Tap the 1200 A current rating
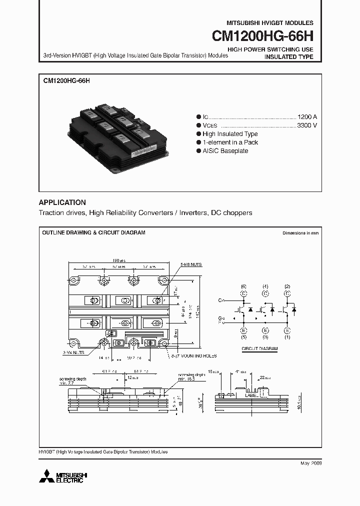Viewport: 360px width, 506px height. [x=307, y=116]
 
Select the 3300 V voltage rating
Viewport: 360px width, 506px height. [x=307, y=125]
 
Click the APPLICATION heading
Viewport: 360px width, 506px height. [x=62, y=202]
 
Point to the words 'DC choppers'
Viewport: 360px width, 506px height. [x=231, y=213]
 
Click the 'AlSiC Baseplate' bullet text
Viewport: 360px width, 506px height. [x=225, y=151]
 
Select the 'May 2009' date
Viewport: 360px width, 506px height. [x=311, y=463]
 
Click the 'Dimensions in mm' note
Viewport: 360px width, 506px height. [x=300, y=233]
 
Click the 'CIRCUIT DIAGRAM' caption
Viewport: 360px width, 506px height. [x=259, y=348]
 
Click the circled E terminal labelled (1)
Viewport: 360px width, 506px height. [x=287, y=330]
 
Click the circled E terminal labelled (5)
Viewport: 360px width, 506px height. [x=243, y=330]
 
